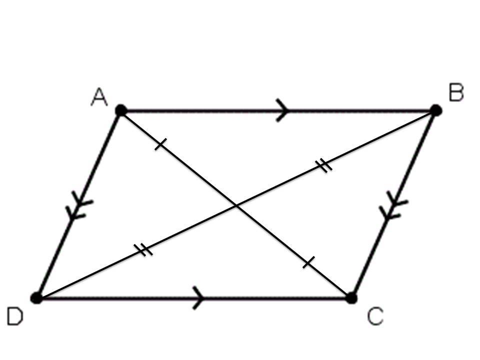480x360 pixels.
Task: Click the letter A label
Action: pyautogui.click(x=99, y=97)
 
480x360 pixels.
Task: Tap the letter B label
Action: pyautogui.click(x=456, y=93)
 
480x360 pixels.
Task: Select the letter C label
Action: pyautogui.click(x=375, y=316)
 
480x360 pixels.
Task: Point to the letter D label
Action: pyautogui.click(x=14, y=317)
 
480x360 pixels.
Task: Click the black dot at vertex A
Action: pyautogui.click(x=120, y=110)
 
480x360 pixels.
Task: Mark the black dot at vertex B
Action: pyautogui.click(x=435, y=110)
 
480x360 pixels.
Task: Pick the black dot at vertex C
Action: pyautogui.click(x=351, y=298)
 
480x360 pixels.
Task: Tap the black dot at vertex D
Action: pyautogui.click(x=36, y=298)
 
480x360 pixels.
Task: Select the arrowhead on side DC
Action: pyautogui.click(x=198, y=298)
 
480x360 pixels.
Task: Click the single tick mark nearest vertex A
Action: pyautogui.click(x=159, y=145)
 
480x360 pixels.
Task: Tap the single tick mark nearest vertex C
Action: pyautogui.click(x=309, y=262)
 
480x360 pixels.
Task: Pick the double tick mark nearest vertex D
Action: pyautogui.click(x=145, y=249)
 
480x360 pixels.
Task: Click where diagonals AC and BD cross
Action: pyautogui.click(x=236, y=204)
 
